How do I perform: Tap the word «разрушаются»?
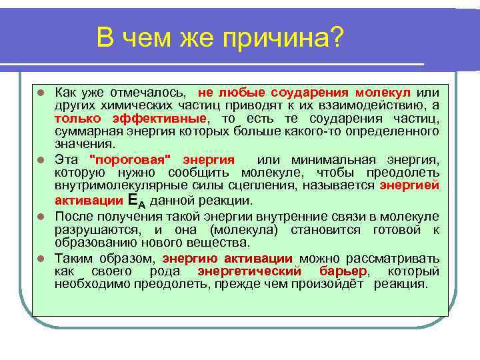pyautogui.click(x=90, y=230)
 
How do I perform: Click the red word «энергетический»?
pyautogui.click(x=248, y=271)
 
